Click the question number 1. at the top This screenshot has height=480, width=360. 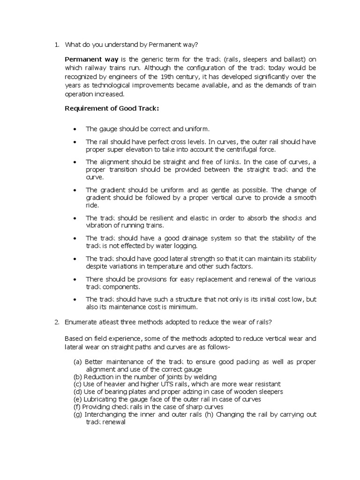[x=56, y=45]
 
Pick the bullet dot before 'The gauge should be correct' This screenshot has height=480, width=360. [x=76, y=129]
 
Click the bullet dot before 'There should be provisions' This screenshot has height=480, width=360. [x=76, y=279]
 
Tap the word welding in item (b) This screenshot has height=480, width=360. [x=205, y=376]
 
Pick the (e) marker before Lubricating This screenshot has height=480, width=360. [x=77, y=399]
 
